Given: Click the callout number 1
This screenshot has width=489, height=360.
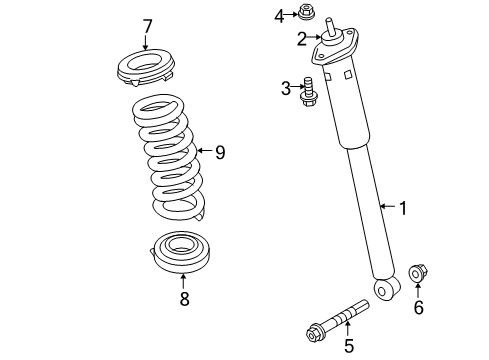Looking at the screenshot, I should [402, 208].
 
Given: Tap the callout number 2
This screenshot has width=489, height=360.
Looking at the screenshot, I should [301, 39].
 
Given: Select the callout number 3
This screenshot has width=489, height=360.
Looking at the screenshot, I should [286, 89].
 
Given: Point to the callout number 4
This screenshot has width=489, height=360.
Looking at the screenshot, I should [280, 14].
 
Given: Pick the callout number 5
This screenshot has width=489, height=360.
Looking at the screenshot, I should [348, 347].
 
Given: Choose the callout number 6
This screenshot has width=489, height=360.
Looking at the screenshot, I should [418, 308].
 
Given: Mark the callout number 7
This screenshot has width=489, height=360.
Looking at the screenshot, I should [147, 26].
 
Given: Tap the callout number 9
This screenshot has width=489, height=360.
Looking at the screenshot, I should [220, 152].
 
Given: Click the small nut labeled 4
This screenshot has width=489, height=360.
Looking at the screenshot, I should [308, 14].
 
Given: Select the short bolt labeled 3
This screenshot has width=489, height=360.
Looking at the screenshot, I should [309, 90].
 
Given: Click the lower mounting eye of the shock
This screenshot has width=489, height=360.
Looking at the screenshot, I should [382, 289].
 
